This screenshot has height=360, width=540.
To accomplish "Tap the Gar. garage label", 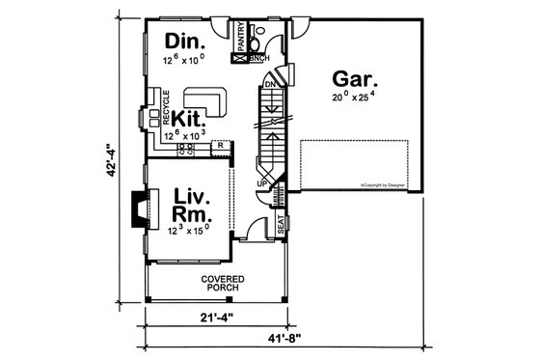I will click(x=356, y=79).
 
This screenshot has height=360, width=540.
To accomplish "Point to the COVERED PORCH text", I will click(x=222, y=284).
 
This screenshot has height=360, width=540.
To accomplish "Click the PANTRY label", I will click(x=240, y=39).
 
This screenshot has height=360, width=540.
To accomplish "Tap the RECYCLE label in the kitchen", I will click(x=166, y=106).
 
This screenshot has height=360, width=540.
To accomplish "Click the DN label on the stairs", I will click(x=269, y=84).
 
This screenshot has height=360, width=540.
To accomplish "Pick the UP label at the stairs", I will click(x=261, y=182).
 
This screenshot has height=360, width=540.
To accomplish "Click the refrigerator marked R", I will click(x=220, y=145).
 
